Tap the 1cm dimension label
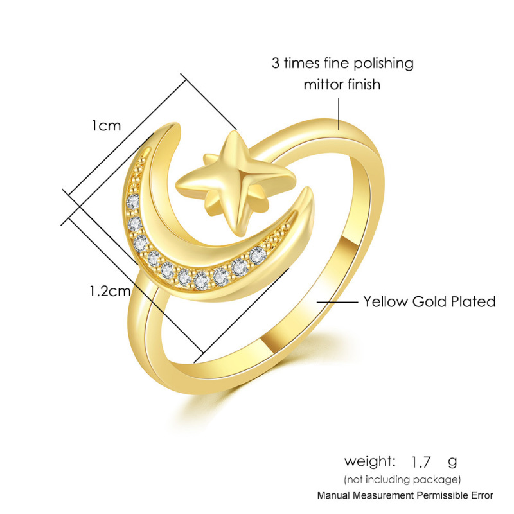105,125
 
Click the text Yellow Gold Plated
429,301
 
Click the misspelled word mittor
324,84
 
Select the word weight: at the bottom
370,461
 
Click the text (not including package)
402,479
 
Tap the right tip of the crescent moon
311,192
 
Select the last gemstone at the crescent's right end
258,253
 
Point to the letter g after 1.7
452,462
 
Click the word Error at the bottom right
481,495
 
